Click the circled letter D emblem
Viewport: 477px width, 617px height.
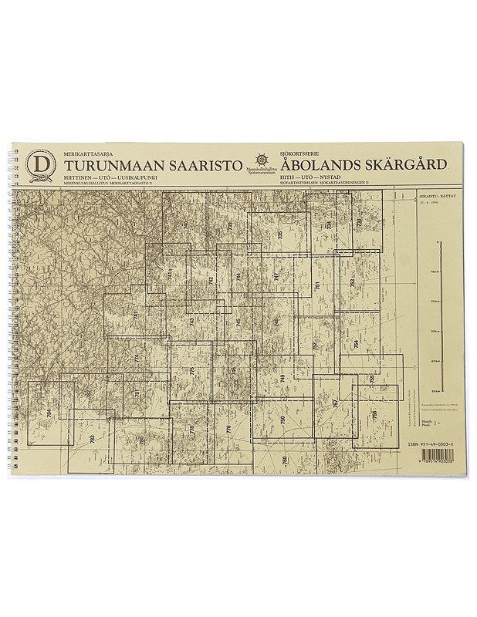40,164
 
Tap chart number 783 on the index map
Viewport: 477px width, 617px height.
92,440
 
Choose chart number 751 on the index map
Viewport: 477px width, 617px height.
317,286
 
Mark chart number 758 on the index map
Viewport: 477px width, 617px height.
374,415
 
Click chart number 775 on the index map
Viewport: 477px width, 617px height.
192,373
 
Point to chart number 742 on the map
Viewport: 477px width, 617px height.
211,282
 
